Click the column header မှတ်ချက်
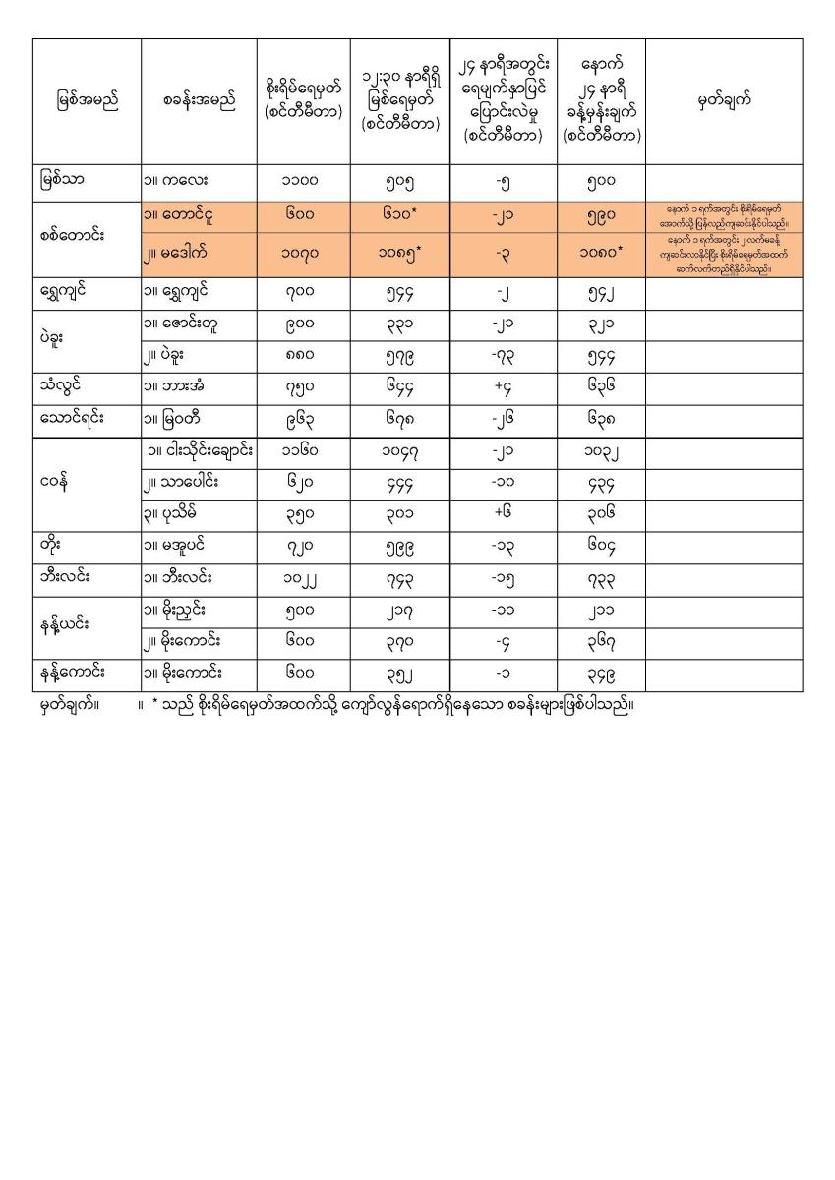tap(724, 101)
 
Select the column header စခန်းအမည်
tap(200, 101)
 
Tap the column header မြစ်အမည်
tap(87, 101)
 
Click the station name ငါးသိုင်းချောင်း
tap(199, 450)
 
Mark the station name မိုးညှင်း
tap(182, 611)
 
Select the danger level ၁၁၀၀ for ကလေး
tap(303, 182)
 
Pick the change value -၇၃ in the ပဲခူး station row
tap(504, 354)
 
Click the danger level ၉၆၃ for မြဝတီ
tap(303, 418)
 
